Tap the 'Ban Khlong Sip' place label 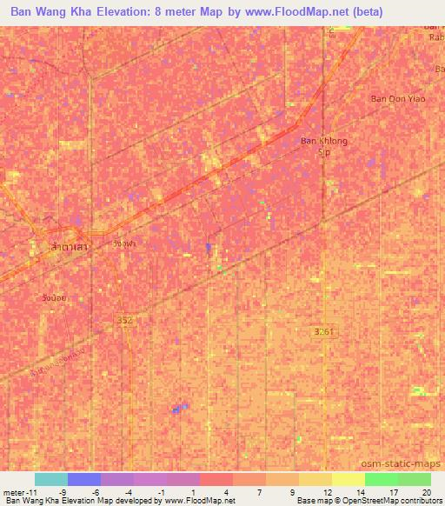tap(323, 145)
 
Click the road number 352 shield tap(124, 320)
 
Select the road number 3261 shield tap(324, 331)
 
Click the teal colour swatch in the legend tap(50, 479)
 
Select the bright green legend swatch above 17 tap(382, 479)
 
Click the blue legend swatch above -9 tap(83, 479)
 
